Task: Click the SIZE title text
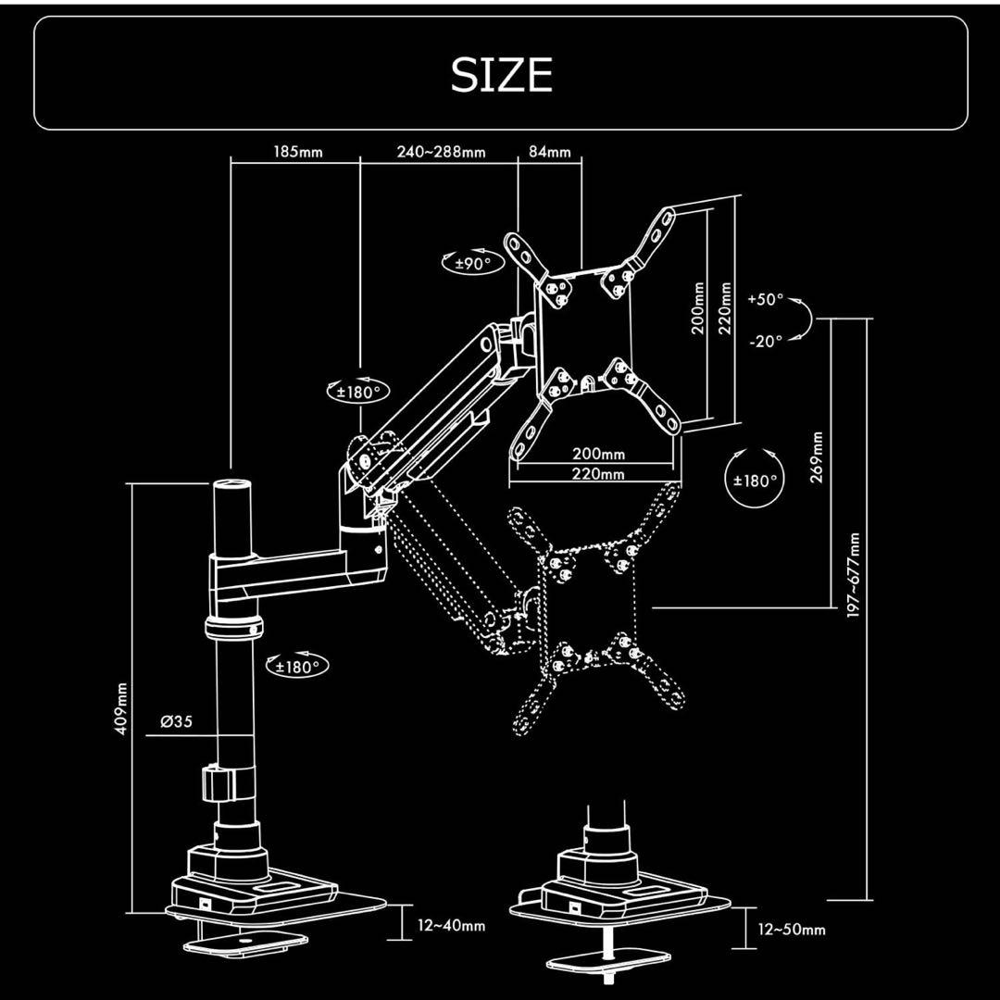501,75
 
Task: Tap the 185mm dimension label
298,152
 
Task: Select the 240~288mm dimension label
441,152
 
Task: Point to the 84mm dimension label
550,152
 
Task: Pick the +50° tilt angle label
765,300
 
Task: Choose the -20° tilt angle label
765,340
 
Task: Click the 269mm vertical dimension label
817,456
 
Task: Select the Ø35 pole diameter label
176,721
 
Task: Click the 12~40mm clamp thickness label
451,924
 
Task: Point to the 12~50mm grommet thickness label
791,929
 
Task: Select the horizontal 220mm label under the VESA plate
597,474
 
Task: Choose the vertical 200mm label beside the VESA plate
699,311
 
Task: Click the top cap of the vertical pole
232,485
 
